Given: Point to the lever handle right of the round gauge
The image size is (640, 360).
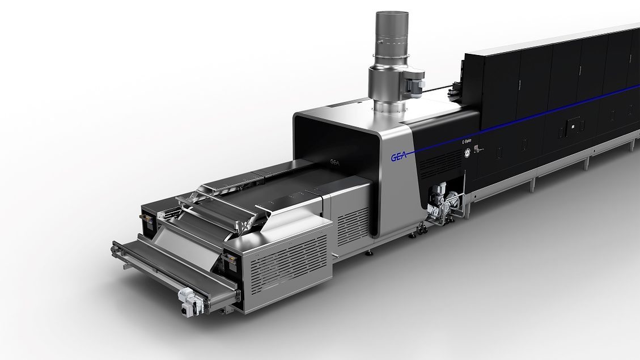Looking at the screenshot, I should [476, 149].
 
